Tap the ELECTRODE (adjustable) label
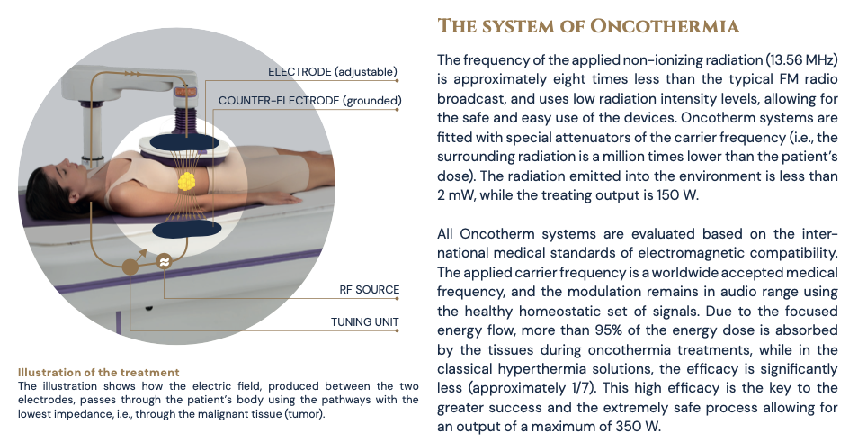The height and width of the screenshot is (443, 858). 333,71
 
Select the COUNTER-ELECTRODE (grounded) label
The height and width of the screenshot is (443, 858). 308,101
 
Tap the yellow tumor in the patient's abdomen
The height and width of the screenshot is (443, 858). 186,180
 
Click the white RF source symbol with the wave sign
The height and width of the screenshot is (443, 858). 164,262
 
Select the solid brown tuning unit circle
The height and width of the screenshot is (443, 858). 131,266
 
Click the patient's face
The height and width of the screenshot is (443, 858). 46,174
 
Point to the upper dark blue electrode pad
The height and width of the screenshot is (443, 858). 185,141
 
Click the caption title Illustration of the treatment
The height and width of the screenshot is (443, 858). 99,372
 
